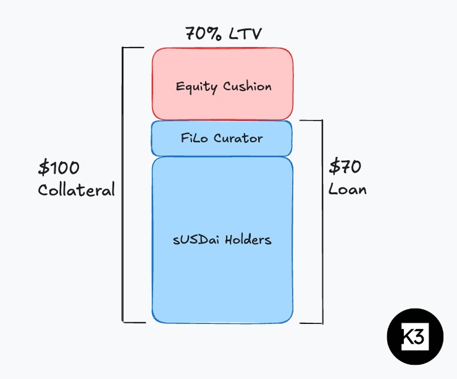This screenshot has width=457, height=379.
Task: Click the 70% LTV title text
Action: click(224, 33)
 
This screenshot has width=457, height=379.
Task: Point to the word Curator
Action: click(238, 138)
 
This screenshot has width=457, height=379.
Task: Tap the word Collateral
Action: click(77, 190)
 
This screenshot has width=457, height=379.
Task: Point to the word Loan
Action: click(347, 189)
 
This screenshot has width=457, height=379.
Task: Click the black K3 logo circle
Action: click(415, 338)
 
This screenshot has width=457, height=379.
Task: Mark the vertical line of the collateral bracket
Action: click(123, 185)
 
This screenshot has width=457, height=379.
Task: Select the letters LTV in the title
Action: click(245, 33)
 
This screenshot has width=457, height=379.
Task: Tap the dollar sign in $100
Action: click(44, 168)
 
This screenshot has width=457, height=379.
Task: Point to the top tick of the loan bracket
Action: click(311, 121)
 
